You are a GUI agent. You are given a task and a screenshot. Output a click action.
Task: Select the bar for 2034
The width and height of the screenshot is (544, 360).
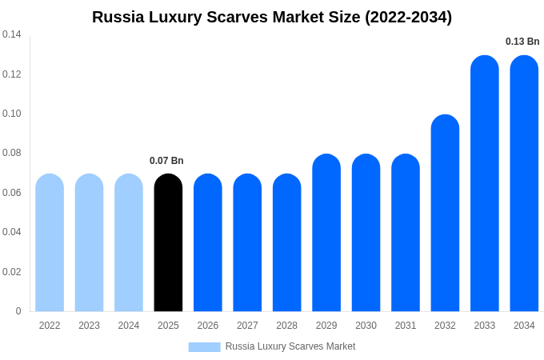524,183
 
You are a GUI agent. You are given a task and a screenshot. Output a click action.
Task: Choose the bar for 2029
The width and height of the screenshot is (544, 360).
326,233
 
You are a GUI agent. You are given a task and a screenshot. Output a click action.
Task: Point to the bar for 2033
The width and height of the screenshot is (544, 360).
485,183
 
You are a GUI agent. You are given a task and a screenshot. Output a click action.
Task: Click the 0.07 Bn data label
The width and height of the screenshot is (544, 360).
166,161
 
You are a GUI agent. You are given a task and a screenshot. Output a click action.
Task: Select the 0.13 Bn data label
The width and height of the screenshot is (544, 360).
522,42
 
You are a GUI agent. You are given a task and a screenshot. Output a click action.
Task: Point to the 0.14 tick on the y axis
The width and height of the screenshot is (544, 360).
12,34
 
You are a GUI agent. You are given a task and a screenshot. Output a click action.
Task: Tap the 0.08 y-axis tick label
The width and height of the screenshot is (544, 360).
12,153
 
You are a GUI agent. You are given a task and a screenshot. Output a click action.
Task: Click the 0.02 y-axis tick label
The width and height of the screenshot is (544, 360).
12,272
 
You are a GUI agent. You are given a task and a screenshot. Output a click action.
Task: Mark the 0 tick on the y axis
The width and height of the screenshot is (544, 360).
18,311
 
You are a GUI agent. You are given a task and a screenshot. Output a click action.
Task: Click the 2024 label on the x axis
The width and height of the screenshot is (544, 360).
129,326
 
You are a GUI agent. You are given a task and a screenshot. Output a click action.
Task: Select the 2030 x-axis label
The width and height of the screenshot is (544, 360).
366,326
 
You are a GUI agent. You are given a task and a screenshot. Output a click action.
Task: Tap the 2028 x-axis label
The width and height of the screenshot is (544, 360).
286,326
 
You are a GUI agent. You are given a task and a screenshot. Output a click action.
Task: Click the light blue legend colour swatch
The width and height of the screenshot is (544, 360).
204,346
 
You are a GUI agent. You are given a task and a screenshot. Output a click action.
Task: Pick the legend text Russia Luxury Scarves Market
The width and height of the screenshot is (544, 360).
290,346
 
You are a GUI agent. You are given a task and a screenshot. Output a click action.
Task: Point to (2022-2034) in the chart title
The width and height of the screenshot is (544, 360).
408,17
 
